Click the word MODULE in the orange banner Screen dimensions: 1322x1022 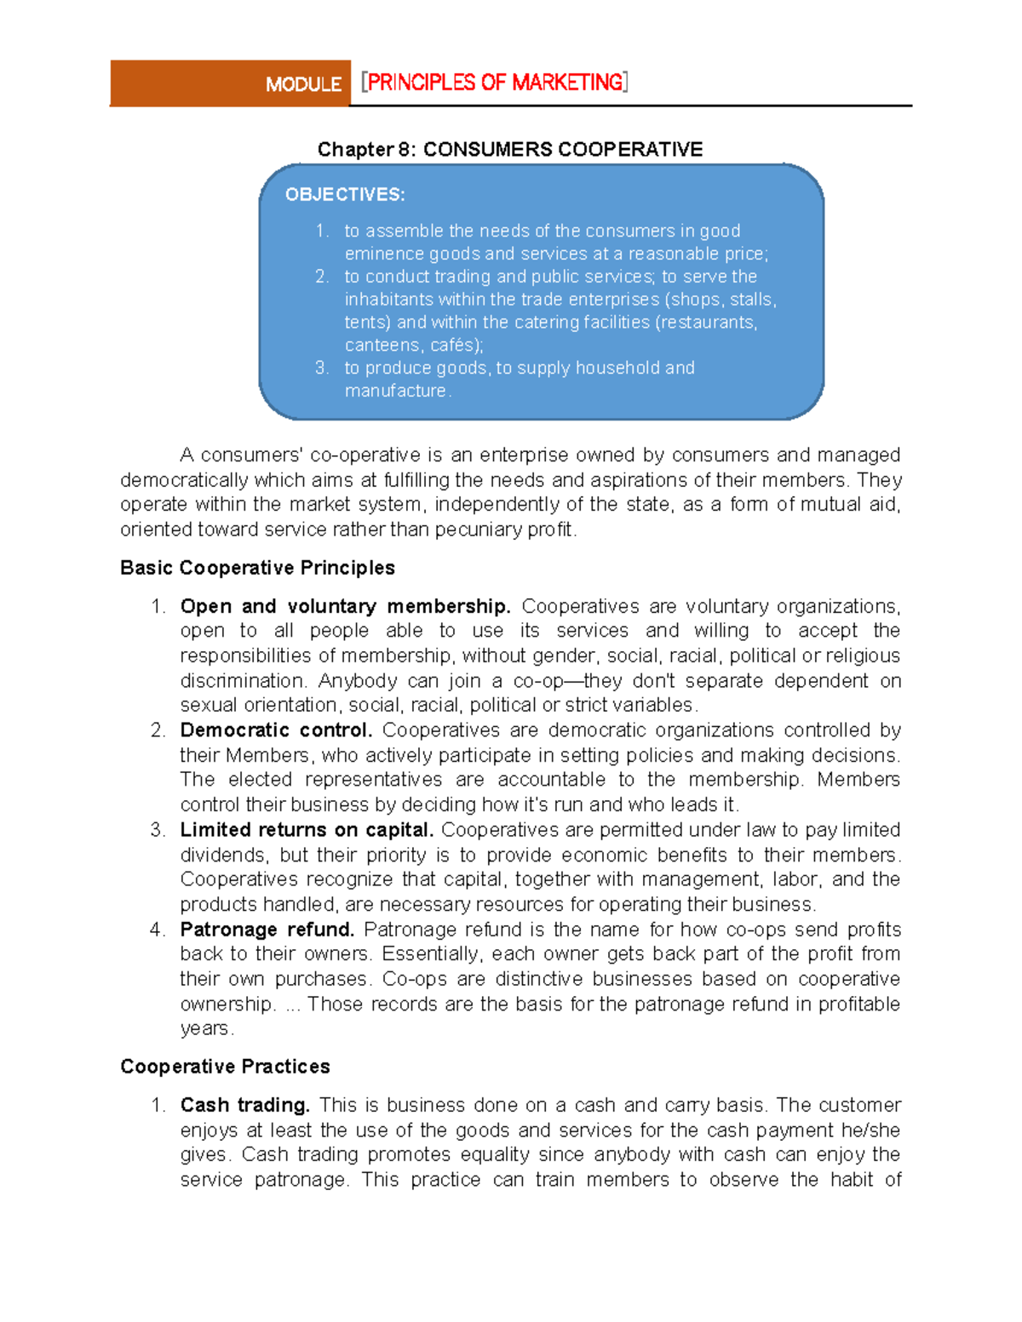click(303, 84)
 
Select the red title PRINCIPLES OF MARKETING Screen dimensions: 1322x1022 click(495, 83)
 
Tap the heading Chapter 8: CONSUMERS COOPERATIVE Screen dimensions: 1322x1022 click(509, 150)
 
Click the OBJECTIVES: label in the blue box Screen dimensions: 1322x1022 click(345, 195)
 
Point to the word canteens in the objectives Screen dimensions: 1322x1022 click(382, 346)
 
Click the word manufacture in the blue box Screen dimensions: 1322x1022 click(395, 391)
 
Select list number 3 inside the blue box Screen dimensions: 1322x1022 click(321, 368)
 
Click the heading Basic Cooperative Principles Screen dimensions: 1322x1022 click(257, 568)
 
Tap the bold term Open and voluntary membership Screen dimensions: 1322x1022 click(345, 606)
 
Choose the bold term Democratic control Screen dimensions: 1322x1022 click(276, 730)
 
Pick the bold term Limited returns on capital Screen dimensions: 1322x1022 click(307, 830)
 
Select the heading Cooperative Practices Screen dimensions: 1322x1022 click(225, 1067)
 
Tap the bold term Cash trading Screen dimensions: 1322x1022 click(244, 1105)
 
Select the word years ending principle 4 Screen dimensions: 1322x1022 click(204, 1028)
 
